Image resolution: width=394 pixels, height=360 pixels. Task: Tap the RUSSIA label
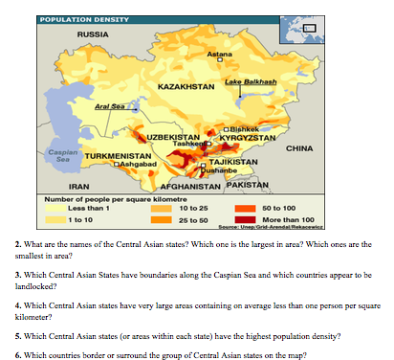pos(92,35)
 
